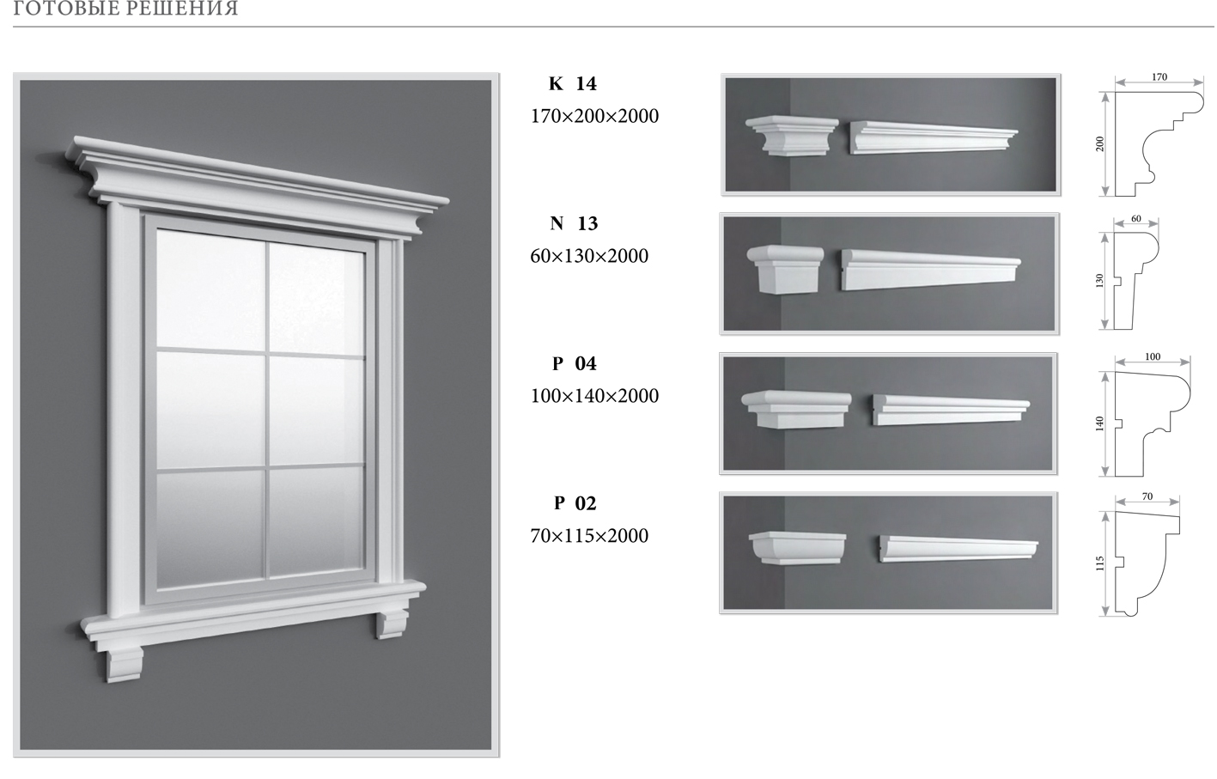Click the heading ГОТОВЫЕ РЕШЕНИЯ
click(125, 8)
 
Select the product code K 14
click(573, 83)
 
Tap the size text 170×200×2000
click(594, 116)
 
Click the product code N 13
click(574, 223)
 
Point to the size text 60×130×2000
click(589, 256)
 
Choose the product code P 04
click(574, 363)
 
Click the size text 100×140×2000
click(594, 396)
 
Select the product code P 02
click(575, 503)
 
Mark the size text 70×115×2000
click(589, 536)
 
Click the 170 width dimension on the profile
click(1159, 77)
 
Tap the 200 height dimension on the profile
click(1100, 144)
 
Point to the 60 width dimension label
click(1136, 218)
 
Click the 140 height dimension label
click(1100, 423)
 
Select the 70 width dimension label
click(1147, 496)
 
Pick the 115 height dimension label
click(1100, 563)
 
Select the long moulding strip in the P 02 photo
click(958, 549)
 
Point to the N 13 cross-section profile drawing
click(1135, 281)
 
